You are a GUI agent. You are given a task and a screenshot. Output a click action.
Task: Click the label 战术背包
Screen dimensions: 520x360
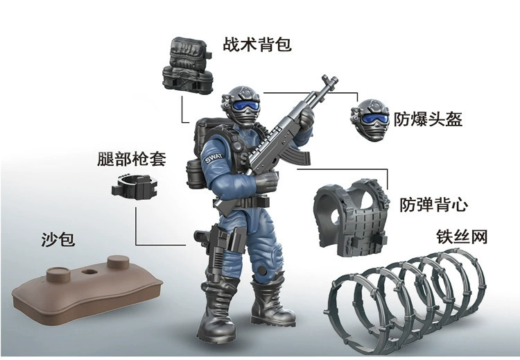[x=257, y=45]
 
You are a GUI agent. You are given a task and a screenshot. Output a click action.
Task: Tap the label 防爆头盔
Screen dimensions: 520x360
[x=428, y=119]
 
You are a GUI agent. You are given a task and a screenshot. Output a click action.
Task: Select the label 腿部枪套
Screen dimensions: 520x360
[x=132, y=159]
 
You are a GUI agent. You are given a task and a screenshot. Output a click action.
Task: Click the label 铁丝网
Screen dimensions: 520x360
[x=462, y=237]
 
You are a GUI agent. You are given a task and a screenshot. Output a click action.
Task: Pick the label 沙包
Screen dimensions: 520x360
[x=58, y=240]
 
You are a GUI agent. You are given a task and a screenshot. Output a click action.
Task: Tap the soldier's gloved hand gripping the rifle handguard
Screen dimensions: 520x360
[x=302, y=133]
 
